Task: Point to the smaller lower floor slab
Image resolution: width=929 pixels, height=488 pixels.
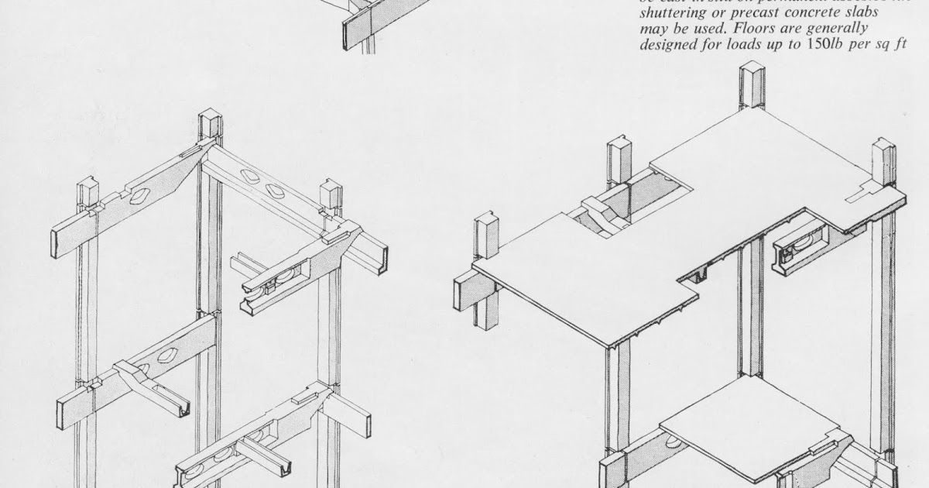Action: click(x=747, y=426)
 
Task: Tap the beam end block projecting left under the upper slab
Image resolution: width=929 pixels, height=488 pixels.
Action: click(x=473, y=292)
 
